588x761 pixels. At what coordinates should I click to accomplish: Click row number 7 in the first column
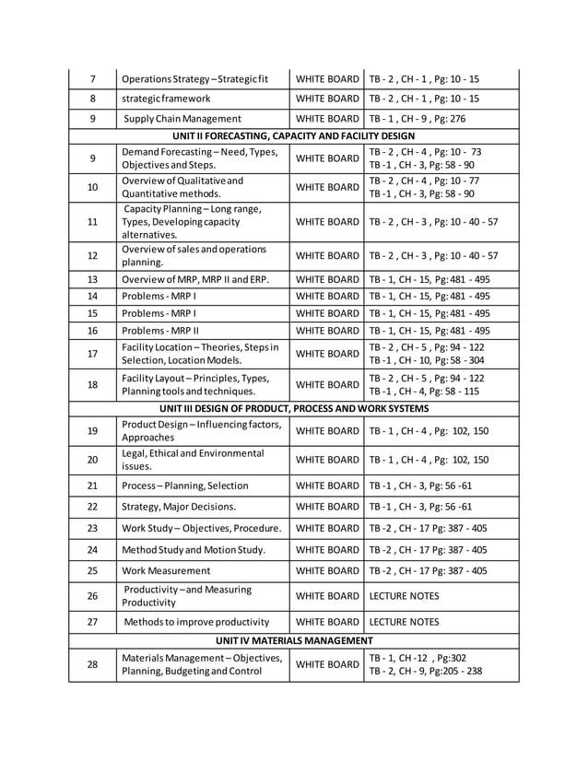pos(92,79)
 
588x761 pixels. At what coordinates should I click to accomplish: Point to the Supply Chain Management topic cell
pos(182,118)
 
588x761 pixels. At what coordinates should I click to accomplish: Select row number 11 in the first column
pos(92,222)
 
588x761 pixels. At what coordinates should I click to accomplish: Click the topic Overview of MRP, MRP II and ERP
pos(195,279)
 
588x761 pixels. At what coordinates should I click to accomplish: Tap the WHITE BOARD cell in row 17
pos(327,354)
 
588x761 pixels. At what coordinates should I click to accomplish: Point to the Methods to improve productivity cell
pos(195,622)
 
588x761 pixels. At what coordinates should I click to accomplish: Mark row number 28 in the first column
pos(92,664)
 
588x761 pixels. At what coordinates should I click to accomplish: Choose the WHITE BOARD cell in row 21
pos(327,486)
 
